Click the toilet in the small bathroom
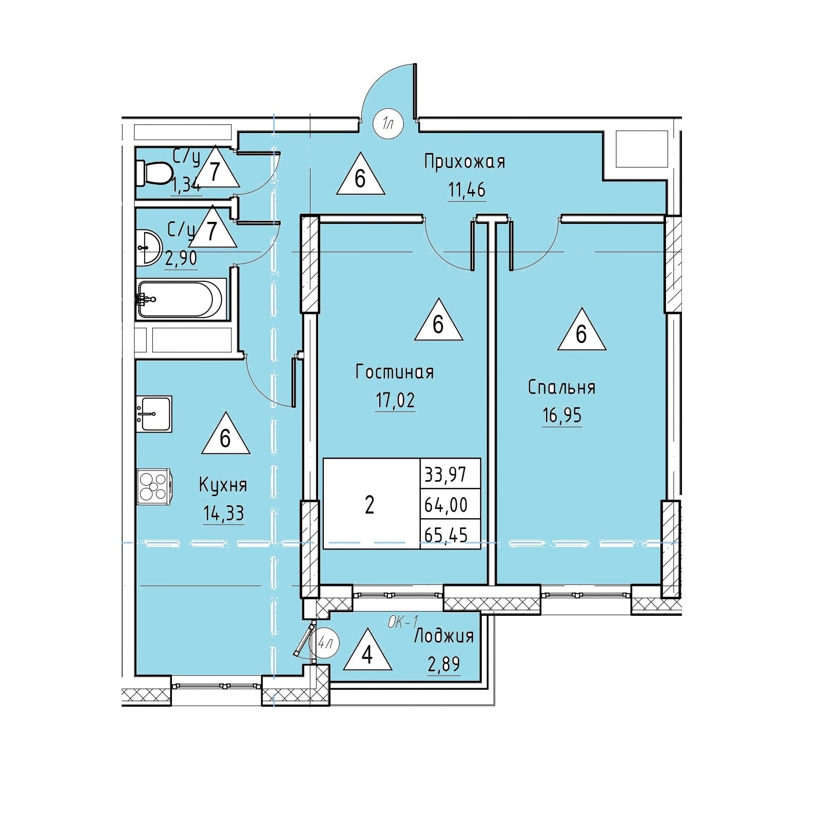click(154, 174)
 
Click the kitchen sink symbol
click(154, 413)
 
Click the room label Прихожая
click(465, 162)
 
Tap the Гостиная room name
click(395, 372)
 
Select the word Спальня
click(562, 387)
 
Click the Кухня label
click(223, 485)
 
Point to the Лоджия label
click(444, 637)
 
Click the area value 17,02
click(395, 401)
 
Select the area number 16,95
click(562, 415)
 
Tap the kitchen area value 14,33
click(223, 514)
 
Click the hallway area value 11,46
click(466, 191)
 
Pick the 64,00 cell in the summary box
click(446, 505)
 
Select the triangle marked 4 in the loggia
click(367, 652)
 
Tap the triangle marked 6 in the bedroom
click(581, 330)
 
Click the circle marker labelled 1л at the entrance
click(388, 124)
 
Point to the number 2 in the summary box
click(369, 505)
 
